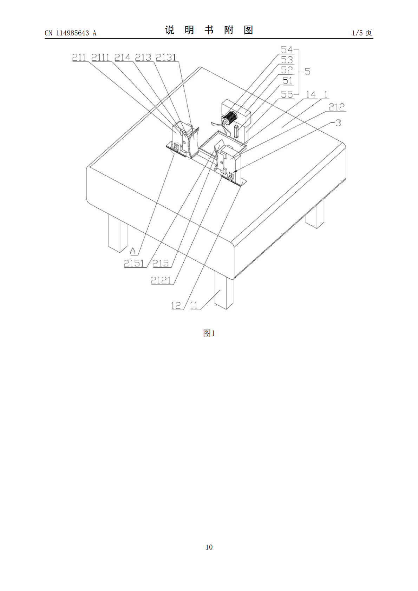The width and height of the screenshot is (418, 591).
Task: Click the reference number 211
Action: coord(79,58)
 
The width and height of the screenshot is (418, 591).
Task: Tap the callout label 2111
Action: coord(100,58)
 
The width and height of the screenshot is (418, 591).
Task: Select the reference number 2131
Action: coord(166,58)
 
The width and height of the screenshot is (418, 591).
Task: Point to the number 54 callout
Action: coord(287,49)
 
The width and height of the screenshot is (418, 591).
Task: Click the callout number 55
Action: coord(287,94)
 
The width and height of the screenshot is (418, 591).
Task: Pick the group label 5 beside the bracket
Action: coord(307,72)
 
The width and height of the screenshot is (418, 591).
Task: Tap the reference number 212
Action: coord(337,107)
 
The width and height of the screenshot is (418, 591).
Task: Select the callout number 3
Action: coord(338,123)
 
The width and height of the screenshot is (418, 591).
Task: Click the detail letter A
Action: coord(133,251)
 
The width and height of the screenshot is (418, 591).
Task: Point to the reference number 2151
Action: coord(134,263)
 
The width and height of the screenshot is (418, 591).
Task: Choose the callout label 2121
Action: coord(161,280)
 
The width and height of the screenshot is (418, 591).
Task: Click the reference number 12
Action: coord(176,306)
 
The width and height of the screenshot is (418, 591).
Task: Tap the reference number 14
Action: coord(311,94)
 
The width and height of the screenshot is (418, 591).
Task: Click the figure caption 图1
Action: coord(209,333)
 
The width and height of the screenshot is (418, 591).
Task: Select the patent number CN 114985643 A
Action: coord(71,33)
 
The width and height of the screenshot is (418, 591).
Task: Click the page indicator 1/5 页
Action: coord(362,33)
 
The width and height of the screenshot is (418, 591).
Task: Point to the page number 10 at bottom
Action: coord(209,547)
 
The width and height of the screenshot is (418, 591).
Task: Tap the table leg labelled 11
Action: coord(224,290)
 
